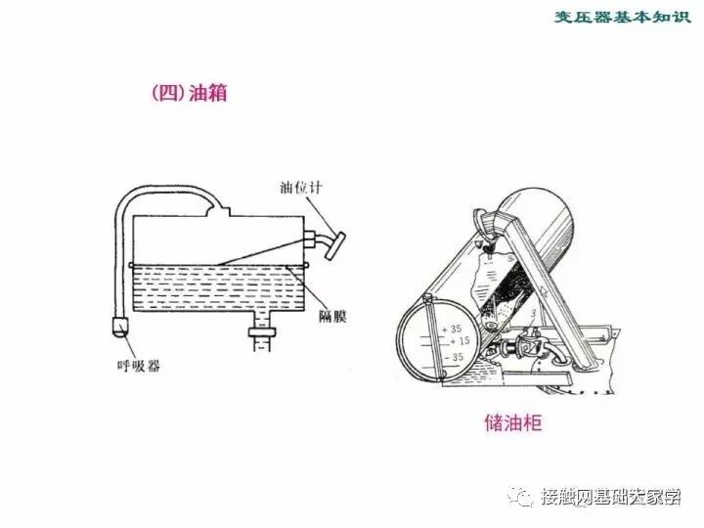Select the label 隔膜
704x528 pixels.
pyautogui.click(x=334, y=316)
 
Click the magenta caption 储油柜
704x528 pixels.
pyautogui.click(x=512, y=424)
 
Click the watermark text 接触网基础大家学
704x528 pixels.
pyautogui.click(x=610, y=497)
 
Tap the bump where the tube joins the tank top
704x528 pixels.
pyautogui.click(x=221, y=208)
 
